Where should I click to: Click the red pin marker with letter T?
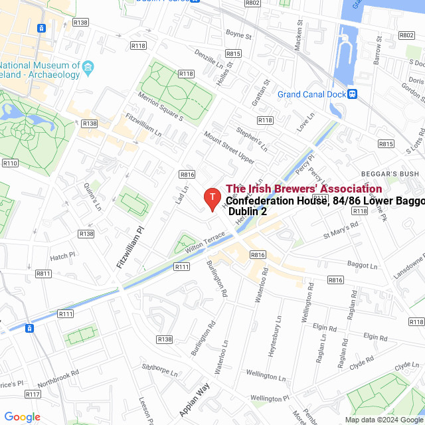coord(211,198)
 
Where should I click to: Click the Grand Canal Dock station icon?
coord(353,94)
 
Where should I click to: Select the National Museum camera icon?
coord(88,66)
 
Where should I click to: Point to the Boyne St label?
coord(239,35)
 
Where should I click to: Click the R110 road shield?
coord(10,163)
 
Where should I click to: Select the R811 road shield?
coord(44,274)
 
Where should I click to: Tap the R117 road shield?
coord(33,394)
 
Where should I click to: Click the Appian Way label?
coord(194,399)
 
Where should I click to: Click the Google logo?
coord(23,417)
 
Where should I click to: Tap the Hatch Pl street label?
coord(63,256)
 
